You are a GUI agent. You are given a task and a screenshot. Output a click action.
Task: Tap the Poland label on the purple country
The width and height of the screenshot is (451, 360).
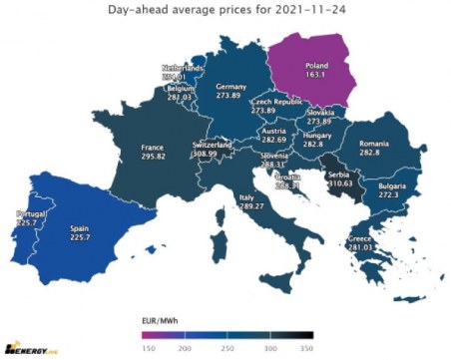coord(318,62)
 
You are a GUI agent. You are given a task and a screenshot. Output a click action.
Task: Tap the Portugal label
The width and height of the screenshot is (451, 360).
coord(23,213)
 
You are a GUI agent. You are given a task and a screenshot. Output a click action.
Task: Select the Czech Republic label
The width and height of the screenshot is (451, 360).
coord(274,102)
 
